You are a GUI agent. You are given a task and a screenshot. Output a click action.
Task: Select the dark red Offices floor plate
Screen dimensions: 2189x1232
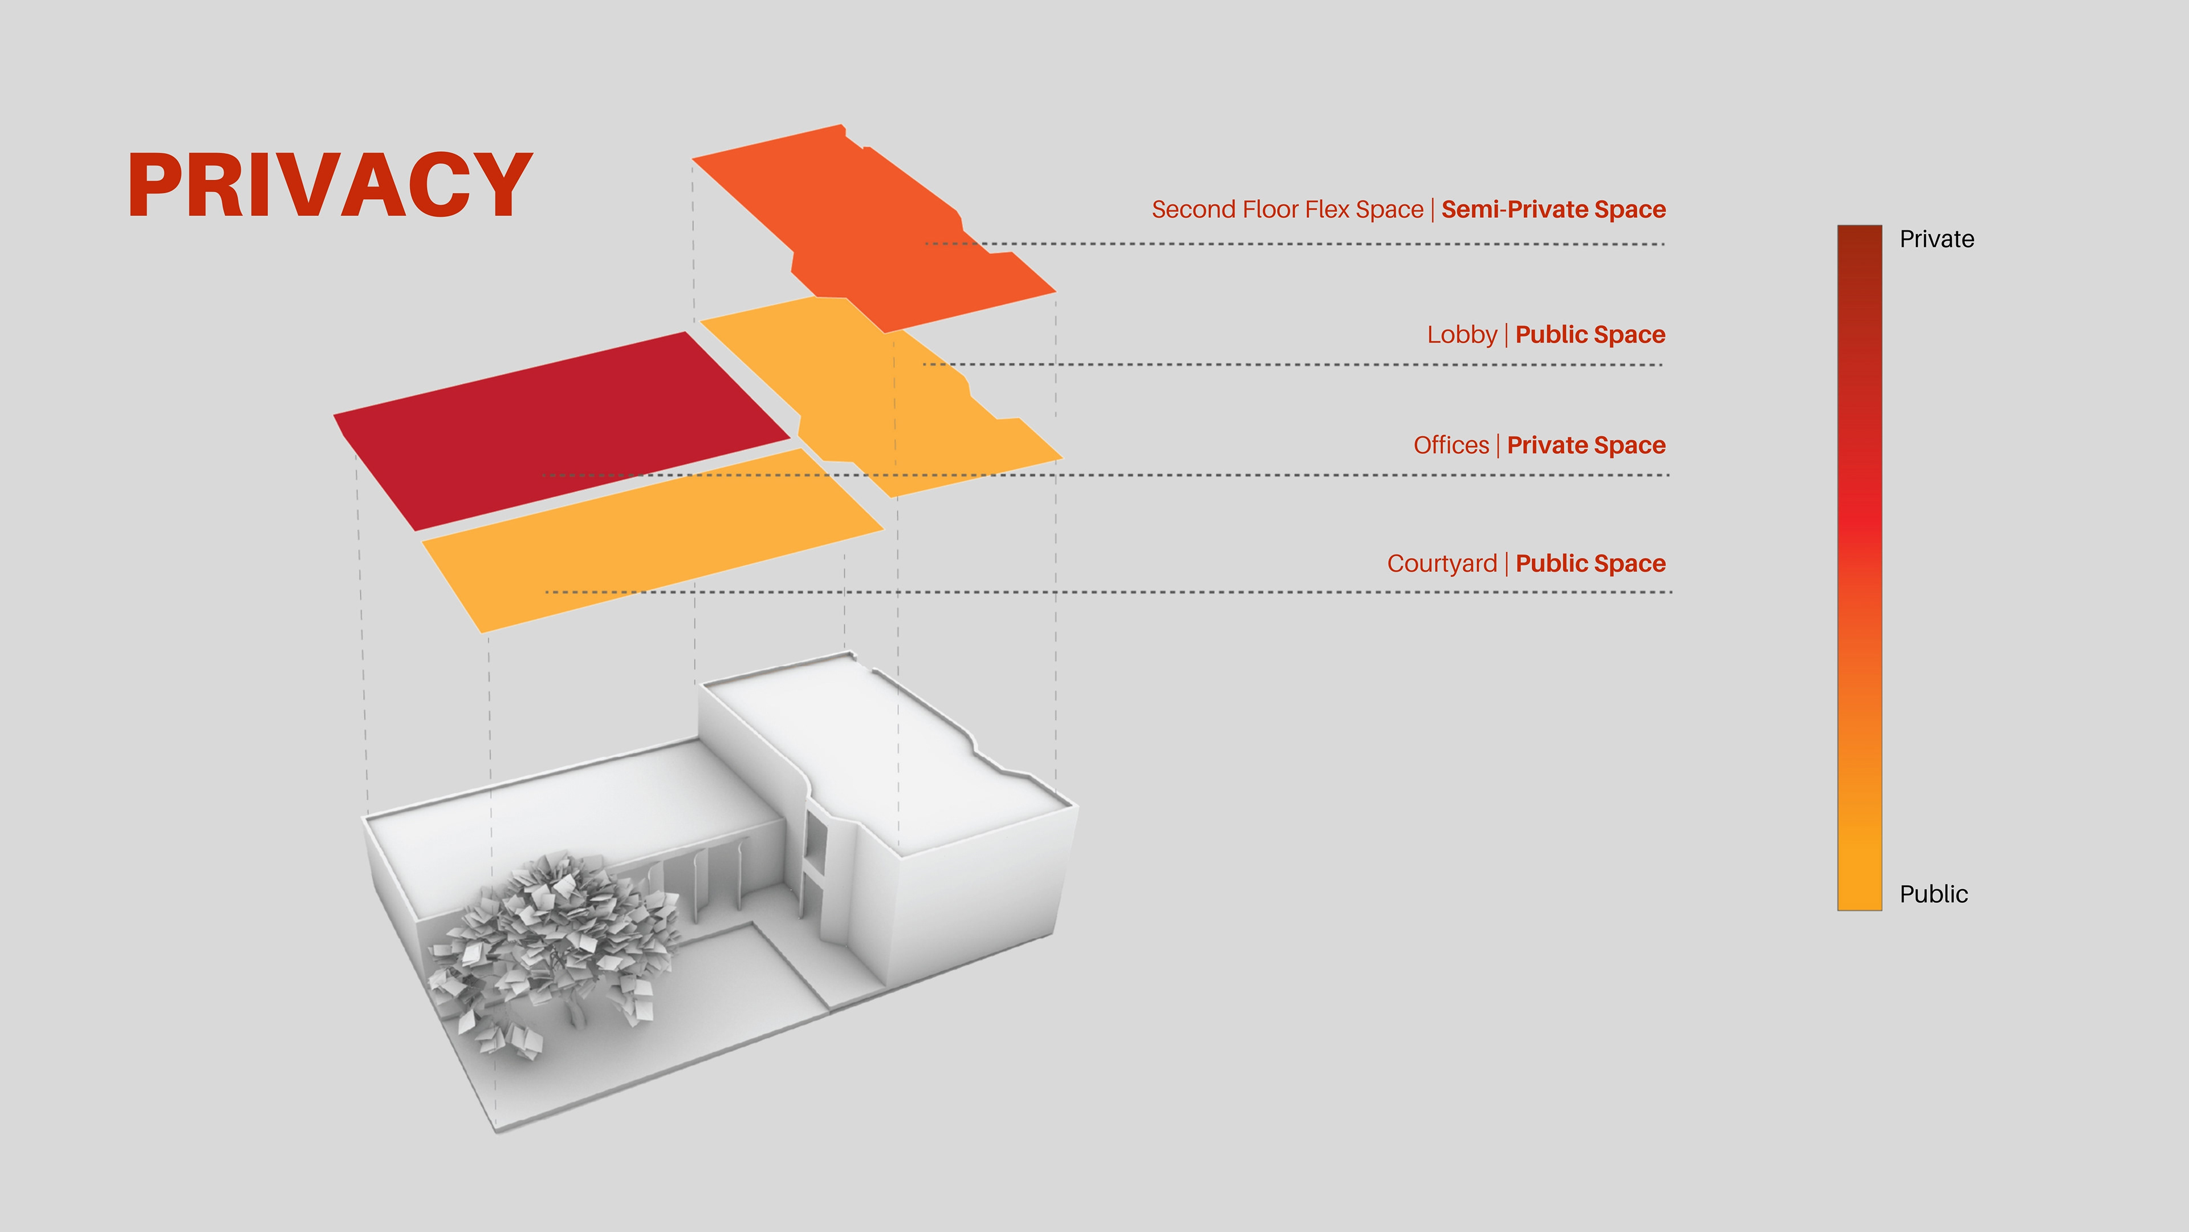[x=561, y=429]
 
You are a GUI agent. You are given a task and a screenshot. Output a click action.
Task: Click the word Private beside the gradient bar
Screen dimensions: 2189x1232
[x=1936, y=239]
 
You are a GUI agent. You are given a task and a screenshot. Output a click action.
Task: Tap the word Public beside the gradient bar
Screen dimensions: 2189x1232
[x=1933, y=894]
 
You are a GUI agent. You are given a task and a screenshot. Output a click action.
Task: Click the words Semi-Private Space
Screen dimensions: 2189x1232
[x=1553, y=209]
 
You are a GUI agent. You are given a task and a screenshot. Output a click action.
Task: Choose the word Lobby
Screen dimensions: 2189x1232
[x=1462, y=334]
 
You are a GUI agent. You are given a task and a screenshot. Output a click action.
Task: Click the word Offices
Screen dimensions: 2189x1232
[x=1451, y=445]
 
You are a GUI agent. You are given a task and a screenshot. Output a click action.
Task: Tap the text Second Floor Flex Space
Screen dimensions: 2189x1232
[x=1287, y=209]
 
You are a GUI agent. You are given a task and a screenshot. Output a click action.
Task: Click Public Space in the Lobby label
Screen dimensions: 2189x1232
[x=1590, y=334]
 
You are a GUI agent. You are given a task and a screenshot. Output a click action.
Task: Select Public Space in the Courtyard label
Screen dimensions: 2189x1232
[x=1590, y=563]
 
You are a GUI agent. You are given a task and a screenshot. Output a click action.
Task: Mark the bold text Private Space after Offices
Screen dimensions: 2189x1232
[x=1586, y=445]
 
